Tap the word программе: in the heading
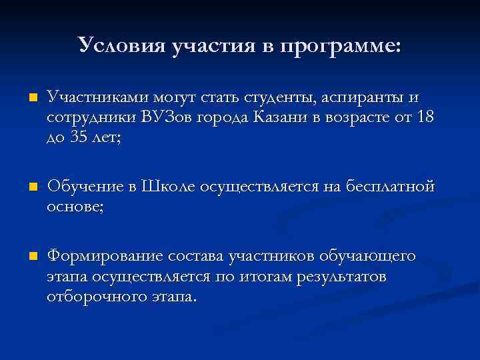coord(341,47)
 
